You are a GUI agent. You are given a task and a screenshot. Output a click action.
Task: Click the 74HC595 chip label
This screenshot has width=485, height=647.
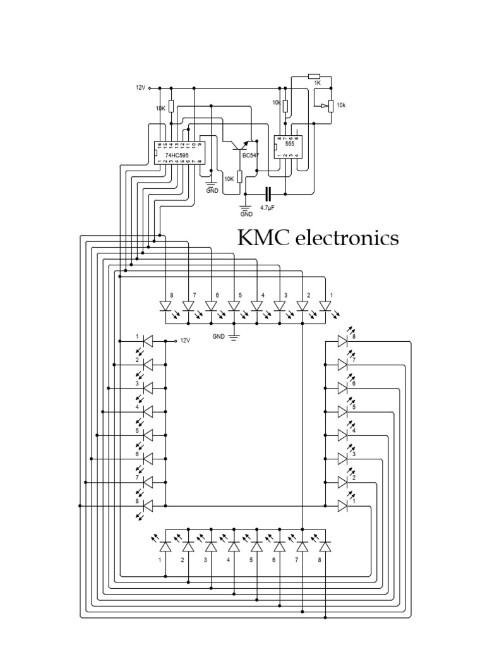[x=177, y=153]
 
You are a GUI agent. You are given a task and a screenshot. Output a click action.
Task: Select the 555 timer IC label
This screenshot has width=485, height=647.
[x=289, y=143]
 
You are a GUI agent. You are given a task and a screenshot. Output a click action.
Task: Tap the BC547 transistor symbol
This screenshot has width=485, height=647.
[x=244, y=146]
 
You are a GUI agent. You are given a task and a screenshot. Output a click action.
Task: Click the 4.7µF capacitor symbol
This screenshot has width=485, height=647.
[x=270, y=193]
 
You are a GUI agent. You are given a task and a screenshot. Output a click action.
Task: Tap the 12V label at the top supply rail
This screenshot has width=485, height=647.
[x=140, y=88]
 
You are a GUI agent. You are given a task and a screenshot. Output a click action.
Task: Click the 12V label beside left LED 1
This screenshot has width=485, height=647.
[x=185, y=341]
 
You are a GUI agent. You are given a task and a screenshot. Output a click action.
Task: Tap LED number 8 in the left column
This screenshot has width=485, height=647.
[x=148, y=506]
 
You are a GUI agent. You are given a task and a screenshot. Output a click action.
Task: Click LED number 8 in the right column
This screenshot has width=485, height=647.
[x=342, y=341]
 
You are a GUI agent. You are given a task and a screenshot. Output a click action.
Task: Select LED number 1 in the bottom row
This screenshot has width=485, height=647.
[x=165, y=545]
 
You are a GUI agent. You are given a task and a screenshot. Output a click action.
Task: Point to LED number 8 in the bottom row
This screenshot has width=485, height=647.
[x=325, y=545]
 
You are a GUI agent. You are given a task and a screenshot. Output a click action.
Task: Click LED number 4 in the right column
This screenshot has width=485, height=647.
[x=342, y=435]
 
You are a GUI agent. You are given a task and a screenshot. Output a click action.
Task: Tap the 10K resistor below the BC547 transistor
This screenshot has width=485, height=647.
[x=239, y=178]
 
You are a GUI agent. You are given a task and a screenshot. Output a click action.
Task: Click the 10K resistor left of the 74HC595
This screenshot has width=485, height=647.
[x=171, y=107]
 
